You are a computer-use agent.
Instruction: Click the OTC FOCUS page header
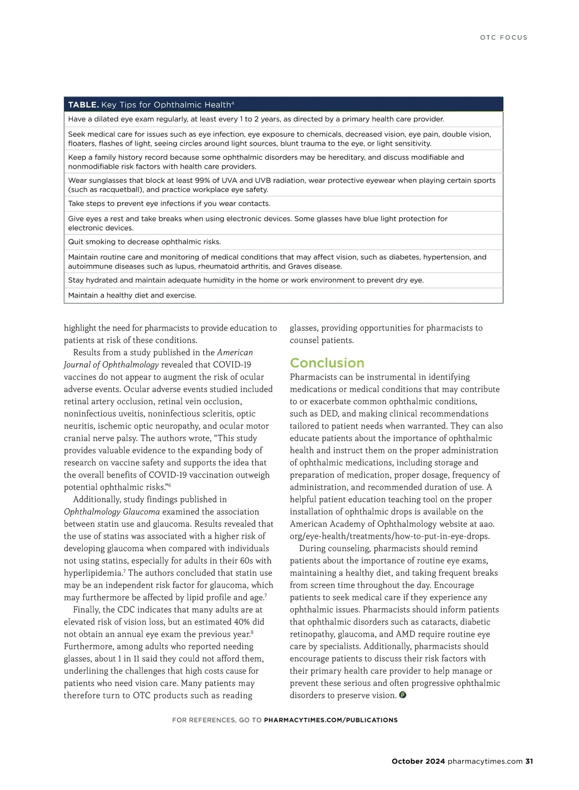[x=503, y=38]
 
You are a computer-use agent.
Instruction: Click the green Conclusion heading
[x=327, y=363]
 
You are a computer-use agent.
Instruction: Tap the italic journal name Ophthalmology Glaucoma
[x=111, y=512]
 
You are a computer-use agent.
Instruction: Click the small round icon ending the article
[x=403, y=695]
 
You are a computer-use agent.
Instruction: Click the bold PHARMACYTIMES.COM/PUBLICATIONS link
[x=331, y=720]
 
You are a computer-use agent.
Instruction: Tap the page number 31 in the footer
[x=529, y=762]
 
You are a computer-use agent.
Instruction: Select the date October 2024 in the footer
[x=418, y=762]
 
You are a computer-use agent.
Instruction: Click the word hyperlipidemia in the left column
[x=93, y=573]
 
